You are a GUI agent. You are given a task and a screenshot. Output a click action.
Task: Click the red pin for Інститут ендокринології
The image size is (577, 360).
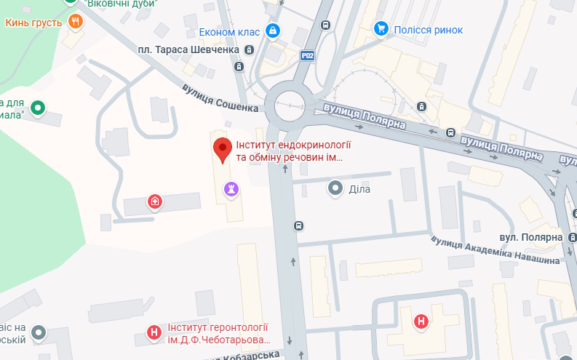(x=223, y=149)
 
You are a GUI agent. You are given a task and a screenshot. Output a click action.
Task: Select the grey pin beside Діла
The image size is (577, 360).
(x=335, y=189)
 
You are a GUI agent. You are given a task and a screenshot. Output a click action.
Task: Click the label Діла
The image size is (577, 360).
(x=359, y=189)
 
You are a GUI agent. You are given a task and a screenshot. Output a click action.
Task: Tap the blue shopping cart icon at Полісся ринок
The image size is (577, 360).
(x=380, y=29)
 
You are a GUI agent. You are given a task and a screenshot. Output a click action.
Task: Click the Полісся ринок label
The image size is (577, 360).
(x=428, y=30)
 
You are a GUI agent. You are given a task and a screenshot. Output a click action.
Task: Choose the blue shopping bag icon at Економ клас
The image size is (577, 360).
(x=272, y=31)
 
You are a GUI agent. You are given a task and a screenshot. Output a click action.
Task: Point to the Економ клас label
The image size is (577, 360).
(x=229, y=31)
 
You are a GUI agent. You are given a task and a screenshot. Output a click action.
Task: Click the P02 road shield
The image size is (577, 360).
(x=309, y=55)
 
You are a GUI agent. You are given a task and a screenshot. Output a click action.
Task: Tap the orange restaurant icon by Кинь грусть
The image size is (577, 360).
(x=75, y=22)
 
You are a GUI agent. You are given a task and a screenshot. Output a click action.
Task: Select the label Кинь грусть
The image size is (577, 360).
(x=33, y=23)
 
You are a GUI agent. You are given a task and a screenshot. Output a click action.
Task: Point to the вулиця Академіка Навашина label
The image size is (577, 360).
(x=495, y=249)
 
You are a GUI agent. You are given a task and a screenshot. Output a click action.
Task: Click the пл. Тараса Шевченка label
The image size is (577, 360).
(x=188, y=49)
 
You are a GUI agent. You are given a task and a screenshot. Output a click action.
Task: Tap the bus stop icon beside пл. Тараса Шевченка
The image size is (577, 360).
(x=250, y=50)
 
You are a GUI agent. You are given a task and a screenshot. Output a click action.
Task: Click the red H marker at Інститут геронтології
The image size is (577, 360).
(x=154, y=333)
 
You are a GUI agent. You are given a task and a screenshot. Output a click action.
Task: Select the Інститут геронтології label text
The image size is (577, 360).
(x=218, y=334)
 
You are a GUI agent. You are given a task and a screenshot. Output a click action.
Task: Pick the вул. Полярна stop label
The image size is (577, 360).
(x=531, y=238)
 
